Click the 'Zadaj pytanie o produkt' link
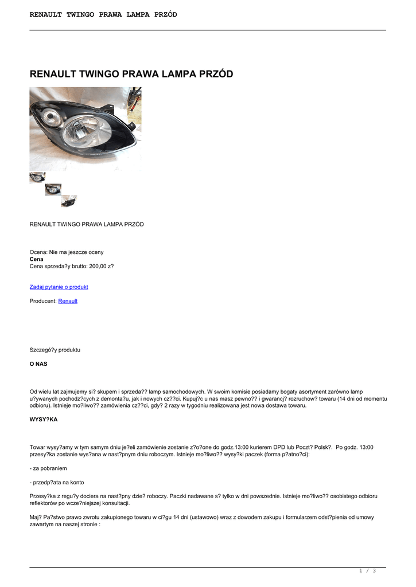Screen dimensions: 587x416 59,287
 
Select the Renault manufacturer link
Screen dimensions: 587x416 68,301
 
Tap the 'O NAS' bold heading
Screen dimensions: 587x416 38,363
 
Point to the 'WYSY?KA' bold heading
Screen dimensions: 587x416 44,420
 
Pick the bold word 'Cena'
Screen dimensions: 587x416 36,259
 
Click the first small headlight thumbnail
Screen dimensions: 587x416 37,178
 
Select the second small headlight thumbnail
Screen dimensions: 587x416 53,189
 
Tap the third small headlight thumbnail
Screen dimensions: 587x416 69,201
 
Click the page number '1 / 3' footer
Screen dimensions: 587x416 367,570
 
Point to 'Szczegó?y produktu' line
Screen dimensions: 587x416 55,349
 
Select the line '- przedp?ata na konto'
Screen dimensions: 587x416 57,482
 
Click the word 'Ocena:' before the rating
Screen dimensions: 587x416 38,252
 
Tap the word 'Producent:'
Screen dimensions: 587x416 43,301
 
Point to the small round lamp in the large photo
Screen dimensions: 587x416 55,120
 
